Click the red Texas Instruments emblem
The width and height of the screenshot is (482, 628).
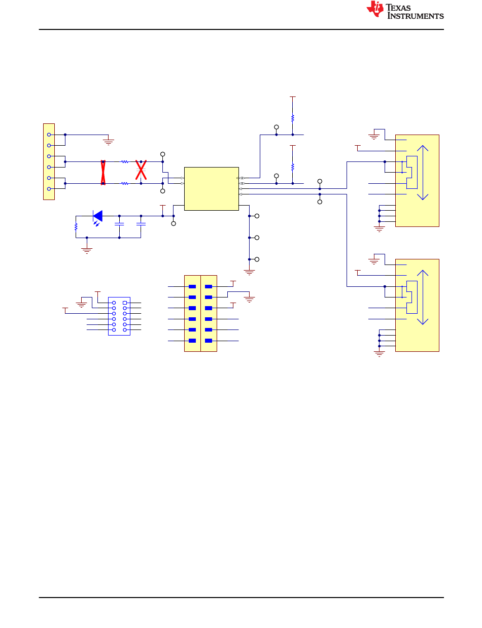pyautogui.click(x=374, y=9)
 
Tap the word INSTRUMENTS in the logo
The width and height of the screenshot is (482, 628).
pyautogui.click(x=416, y=16)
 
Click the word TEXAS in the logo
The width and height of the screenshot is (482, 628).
pyautogui.click(x=398, y=7)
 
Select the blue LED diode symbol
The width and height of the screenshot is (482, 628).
pyautogui.click(x=97, y=216)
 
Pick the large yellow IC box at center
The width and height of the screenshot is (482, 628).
pyautogui.click(x=212, y=189)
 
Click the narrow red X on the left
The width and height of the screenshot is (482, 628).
pyautogui.click(x=103, y=173)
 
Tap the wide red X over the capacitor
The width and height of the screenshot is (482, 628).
pyautogui.click(x=141, y=170)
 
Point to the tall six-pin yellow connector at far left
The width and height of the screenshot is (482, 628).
pyautogui.click(x=49, y=161)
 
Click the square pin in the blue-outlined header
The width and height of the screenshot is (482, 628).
pyautogui.click(x=125, y=303)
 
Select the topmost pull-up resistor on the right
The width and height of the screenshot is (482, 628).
pyautogui.click(x=293, y=118)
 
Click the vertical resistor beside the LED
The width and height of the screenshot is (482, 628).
pyautogui.click(x=76, y=226)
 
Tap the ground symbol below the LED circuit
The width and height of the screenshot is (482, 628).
pyautogui.click(x=87, y=250)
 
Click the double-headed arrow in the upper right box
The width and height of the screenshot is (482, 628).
pyautogui.click(x=423, y=173)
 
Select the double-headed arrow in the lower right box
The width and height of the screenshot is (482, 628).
pyautogui.click(x=423, y=298)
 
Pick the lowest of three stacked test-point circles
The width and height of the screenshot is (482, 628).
pyautogui.click(x=257, y=259)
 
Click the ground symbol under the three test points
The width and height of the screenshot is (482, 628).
pyautogui.click(x=249, y=272)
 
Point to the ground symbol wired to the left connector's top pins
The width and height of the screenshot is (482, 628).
pyautogui.click(x=108, y=142)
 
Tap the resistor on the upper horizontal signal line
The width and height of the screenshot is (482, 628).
pyautogui.click(x=125, y=162)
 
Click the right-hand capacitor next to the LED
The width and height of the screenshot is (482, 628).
pyautogui.click(x=141, y=224)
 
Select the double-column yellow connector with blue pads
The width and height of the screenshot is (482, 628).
pyautogui.click(x=201, y=313)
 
